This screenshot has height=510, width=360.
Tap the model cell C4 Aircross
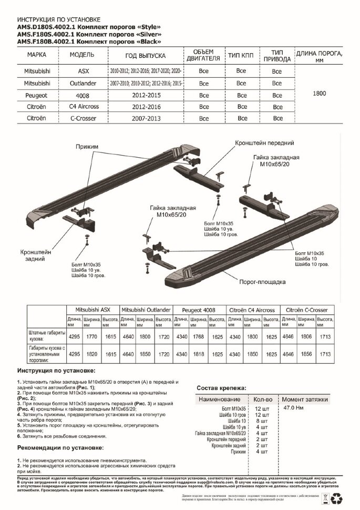coord(84,106)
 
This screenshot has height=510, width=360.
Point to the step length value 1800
coord(319,94)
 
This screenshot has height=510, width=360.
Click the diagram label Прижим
coord(87,147)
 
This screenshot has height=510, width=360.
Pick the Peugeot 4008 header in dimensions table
coord(200,310)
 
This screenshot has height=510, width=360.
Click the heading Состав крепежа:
coord(221,388)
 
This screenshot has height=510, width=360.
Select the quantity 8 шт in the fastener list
coord(261,422)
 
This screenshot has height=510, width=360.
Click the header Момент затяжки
coord(305,399)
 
